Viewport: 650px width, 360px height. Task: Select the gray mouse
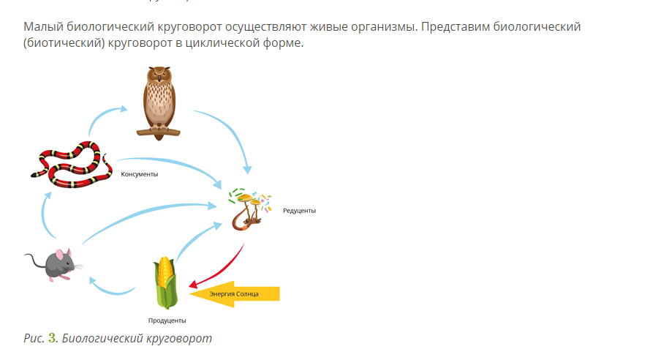click(x=56, y=265)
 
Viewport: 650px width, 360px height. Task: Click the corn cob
click(x=165, y=282)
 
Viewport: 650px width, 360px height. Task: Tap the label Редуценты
click(x=299, y=211)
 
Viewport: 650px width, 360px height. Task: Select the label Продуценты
click(x=167, y=320)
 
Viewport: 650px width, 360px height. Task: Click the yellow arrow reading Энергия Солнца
click(x=234, y=293)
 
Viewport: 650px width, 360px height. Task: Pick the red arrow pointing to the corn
click(x=224, y=268)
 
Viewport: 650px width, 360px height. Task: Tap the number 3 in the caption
click(x=52, y=338)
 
